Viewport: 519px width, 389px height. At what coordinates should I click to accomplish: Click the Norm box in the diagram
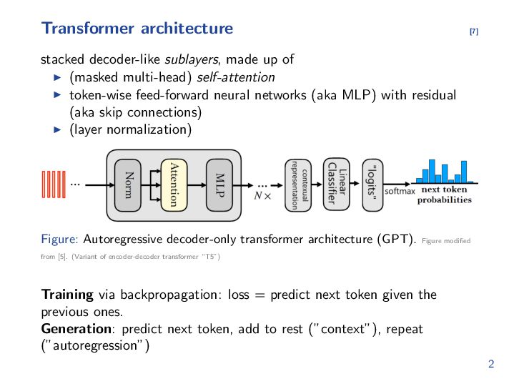click(x=127, y=185)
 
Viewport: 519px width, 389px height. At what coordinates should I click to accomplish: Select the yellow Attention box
click(x=174, y=185)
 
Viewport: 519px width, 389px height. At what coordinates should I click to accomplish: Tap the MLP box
click(x=219, y=185)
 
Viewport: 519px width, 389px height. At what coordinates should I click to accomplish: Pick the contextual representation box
click(x=298, y=185)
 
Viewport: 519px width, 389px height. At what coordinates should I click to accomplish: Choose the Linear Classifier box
click(x=336, y=184)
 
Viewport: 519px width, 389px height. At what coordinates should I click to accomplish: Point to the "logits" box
click(x=372, y=185)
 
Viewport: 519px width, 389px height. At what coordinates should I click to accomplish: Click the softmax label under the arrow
click(x=400, y=191)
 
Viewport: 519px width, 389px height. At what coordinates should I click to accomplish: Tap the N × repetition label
click(x=262, y=196)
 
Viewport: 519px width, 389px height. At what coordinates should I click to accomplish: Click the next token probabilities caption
click(x=444, y=194)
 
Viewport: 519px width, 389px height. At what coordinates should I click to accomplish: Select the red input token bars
click(x=54, y=184)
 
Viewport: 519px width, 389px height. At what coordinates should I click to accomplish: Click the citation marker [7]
click(x=474, y=31)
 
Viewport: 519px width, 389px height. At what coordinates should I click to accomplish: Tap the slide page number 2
click(x=491, y=364)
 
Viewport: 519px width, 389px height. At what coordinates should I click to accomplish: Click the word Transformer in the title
click(x=88, y=28)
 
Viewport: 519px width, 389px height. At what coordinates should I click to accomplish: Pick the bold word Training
click(x=67, y=295)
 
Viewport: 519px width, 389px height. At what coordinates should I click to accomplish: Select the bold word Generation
click(x=76, y=328)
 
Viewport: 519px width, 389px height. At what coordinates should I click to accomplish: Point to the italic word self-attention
click(x=236, y=77)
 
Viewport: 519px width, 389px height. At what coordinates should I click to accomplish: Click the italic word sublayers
click(x=192, y=59)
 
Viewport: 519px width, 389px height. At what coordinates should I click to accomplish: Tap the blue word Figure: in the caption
click(x=59, y=239)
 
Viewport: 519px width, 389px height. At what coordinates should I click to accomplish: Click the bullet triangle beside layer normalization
click(x=57, y=129)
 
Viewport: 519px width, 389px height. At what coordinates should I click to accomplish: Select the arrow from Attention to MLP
click(x=197, y=185)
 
